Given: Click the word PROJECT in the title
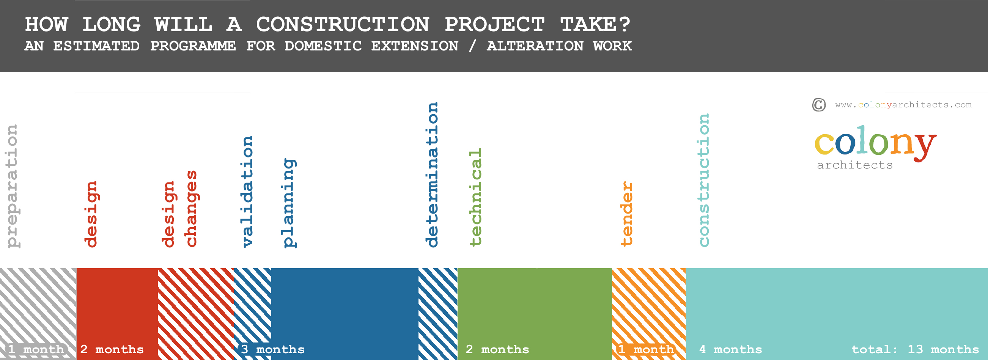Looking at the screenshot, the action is [494, 25].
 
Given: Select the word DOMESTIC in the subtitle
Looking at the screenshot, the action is [323, 46].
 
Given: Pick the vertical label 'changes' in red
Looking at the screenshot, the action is [190, 209].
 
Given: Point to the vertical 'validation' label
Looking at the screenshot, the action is [247, 192].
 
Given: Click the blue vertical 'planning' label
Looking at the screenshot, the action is [289, 203].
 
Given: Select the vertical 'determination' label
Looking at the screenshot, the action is [432, 175].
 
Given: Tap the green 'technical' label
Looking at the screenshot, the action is [475, 197].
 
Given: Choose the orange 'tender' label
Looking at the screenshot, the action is [626, 214].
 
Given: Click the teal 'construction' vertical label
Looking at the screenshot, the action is [703, 180].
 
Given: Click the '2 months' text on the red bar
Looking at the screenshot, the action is [112, 350].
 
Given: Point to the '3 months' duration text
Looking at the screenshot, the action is [273, 350].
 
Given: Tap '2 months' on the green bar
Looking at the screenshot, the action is [497, 350].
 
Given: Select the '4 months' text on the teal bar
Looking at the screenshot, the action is [731, 350].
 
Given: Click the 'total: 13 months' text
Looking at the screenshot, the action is [915, 350].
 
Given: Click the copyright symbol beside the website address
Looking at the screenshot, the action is [819, 105].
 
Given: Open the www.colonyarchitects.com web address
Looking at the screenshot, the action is [903, 105].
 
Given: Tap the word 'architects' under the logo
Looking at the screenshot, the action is [855, 165].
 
